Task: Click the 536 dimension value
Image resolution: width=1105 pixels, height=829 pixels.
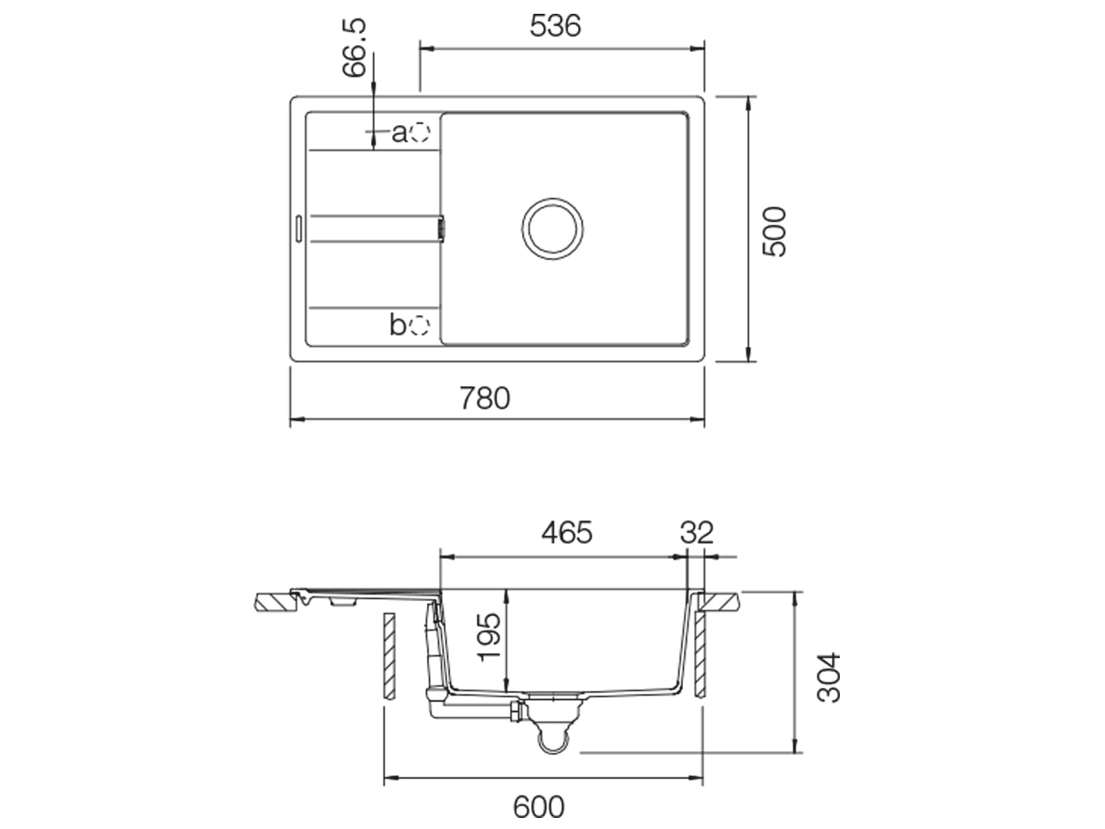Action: [555, 26]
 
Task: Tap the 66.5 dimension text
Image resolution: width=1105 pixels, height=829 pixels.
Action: [354, 48]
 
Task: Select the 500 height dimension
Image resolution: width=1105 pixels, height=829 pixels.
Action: [773, 231]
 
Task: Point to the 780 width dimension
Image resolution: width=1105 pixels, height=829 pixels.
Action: [485, 398]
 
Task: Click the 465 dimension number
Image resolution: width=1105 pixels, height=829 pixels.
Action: [567, 533]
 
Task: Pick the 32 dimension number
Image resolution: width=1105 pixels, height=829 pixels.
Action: [697, 533]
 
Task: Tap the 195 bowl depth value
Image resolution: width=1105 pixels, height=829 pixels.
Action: [489, 637]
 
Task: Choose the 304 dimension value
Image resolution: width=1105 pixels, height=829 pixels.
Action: [829, 678]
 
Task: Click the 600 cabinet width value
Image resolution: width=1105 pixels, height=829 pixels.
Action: [539, 807]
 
